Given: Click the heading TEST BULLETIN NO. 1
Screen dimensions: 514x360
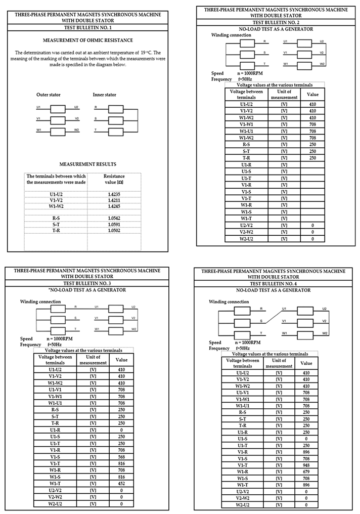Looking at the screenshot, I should (x=88, y=27).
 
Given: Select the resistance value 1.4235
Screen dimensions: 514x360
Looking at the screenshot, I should (x=114, y=194).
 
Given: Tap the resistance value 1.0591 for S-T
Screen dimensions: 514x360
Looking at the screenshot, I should (x=114, y=224).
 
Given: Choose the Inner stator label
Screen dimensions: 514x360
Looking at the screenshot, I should (x=104, y=95).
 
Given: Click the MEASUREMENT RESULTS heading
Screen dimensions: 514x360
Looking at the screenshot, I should (x=88, y=164).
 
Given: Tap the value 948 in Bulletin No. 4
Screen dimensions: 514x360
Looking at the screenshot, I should (x=306, y=464).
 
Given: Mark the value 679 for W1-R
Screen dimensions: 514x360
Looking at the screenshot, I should (x=306, y=472).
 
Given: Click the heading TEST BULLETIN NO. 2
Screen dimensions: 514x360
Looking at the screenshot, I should (x=276, y=23).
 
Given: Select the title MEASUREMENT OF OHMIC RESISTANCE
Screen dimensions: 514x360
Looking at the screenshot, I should (x=88, y=40).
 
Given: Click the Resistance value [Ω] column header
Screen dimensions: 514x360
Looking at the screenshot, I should (x=114, y=179).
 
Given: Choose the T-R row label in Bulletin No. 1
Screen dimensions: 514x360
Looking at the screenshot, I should (x=56, y=230).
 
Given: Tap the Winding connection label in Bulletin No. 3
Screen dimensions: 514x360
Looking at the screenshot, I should (x=40, y=302).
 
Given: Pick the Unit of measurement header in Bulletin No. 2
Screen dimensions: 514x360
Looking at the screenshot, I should (x=284, y=94).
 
